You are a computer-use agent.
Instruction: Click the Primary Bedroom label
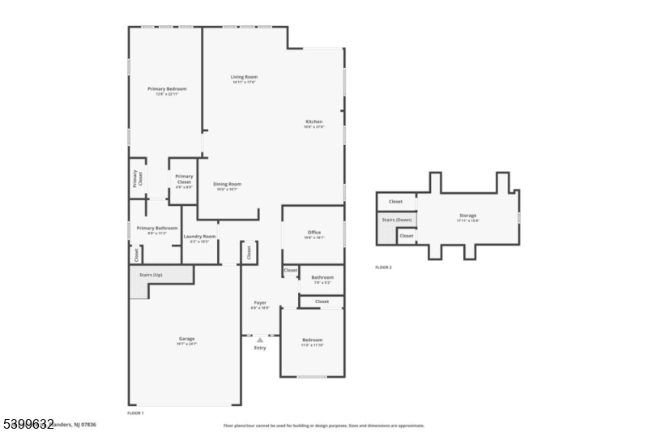[x=167, y=88]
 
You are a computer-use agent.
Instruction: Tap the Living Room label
[x=244, y=77]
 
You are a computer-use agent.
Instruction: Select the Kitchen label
[x=313, y=122]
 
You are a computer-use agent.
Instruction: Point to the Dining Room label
[x=227, y=184]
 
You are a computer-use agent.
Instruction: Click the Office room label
[x=313, y=233]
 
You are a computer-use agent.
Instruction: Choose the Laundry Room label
[x=199, y=237]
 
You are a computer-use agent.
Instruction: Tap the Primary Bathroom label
[x=156, y=229]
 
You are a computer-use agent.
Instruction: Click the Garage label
[x=186, y=339]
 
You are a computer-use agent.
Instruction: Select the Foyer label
[x=259, y=303]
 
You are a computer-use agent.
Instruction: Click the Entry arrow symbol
[x=259, y=340]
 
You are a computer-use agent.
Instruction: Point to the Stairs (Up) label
[x=151, y=276]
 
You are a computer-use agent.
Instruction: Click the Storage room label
[x=468, y=216]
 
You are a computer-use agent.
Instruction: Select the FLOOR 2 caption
[x=383, y=267]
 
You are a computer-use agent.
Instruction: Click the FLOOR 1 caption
[x=135, y=413]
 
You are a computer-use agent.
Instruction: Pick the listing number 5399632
[x=28, y=424]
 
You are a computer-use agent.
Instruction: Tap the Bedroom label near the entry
[x=312, y=340]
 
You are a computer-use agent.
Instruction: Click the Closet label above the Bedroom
[x=322, y=302]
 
